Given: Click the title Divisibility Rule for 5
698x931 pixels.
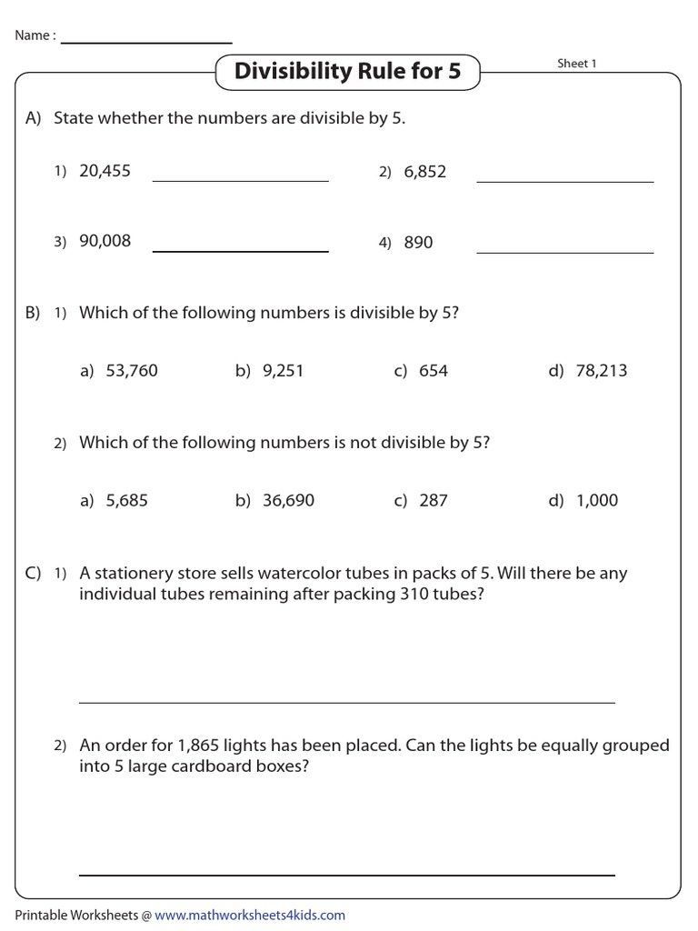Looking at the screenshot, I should click(x=347, y=71).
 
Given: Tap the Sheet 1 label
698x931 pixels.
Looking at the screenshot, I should click(x=577, y=64).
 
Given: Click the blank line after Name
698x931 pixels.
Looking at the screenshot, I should click(x=146, y=42).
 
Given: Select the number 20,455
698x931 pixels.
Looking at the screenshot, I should click(x=105, y=171).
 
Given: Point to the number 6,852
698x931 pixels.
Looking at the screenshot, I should click(x=425, y=172).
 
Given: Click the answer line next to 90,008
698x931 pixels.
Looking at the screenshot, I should click(x=240, y=250).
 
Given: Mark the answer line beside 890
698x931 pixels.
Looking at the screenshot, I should click(x=564, y=252).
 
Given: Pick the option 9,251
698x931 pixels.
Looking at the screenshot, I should click(x=282, y=371).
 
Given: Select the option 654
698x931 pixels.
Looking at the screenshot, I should click(x=434, y=371).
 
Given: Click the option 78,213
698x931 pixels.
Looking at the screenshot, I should click(x=601, y=371).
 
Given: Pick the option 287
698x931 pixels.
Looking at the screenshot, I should click(x=434, y=500).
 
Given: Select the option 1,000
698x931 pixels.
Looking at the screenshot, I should click(x=596, y=500).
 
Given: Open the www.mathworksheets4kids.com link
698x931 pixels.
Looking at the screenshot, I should click(x=250, y=916).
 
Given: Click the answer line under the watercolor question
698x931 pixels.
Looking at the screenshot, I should click(x=346, y=702).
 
